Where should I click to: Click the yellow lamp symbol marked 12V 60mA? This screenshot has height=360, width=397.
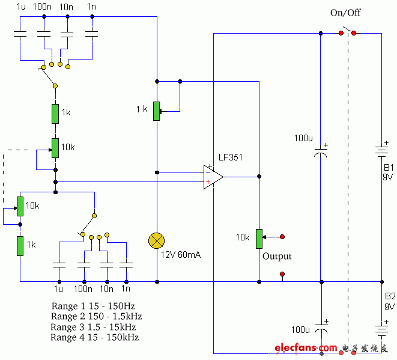[x=156, y=241]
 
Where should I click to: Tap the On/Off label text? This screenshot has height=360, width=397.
[x=345, y=13]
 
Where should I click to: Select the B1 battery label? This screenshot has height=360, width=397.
[x=388, y=167]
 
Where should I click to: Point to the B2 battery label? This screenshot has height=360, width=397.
[x=389, y=296]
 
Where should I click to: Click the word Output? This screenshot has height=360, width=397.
[x=277, y=256]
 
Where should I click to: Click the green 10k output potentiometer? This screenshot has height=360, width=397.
[x=259, y=238]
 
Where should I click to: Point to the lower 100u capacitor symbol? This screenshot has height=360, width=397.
[x=321, y=332]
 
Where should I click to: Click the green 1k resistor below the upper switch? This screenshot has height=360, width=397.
[x=55, y=114]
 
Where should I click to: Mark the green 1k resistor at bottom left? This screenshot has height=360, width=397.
[x=20, y=246]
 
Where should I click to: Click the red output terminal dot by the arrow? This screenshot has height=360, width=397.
[x=282, y=237]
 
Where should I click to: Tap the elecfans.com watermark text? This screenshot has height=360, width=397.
[x=306, y=348]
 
